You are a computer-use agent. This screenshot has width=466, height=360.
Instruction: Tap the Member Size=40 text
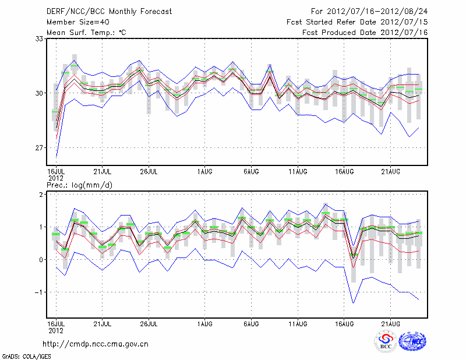(x=76, y=22)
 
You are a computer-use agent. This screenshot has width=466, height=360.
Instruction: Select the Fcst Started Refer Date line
(x=357, y=22)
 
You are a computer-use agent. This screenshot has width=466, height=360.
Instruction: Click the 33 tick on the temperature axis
(x=40, y=38)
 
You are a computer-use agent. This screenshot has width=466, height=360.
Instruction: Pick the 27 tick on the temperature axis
(x=40, y=147)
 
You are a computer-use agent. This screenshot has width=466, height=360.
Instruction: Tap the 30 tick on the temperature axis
(x=40, y=93)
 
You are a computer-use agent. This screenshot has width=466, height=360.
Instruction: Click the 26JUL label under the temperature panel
(x=149, y=172)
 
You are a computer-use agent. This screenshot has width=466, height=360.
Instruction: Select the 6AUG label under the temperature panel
(x=251, y=172)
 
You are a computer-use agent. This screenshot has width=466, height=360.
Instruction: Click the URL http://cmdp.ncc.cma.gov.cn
(x=96, y=344)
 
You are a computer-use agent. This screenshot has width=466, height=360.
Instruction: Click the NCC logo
(x=412, y=341)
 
